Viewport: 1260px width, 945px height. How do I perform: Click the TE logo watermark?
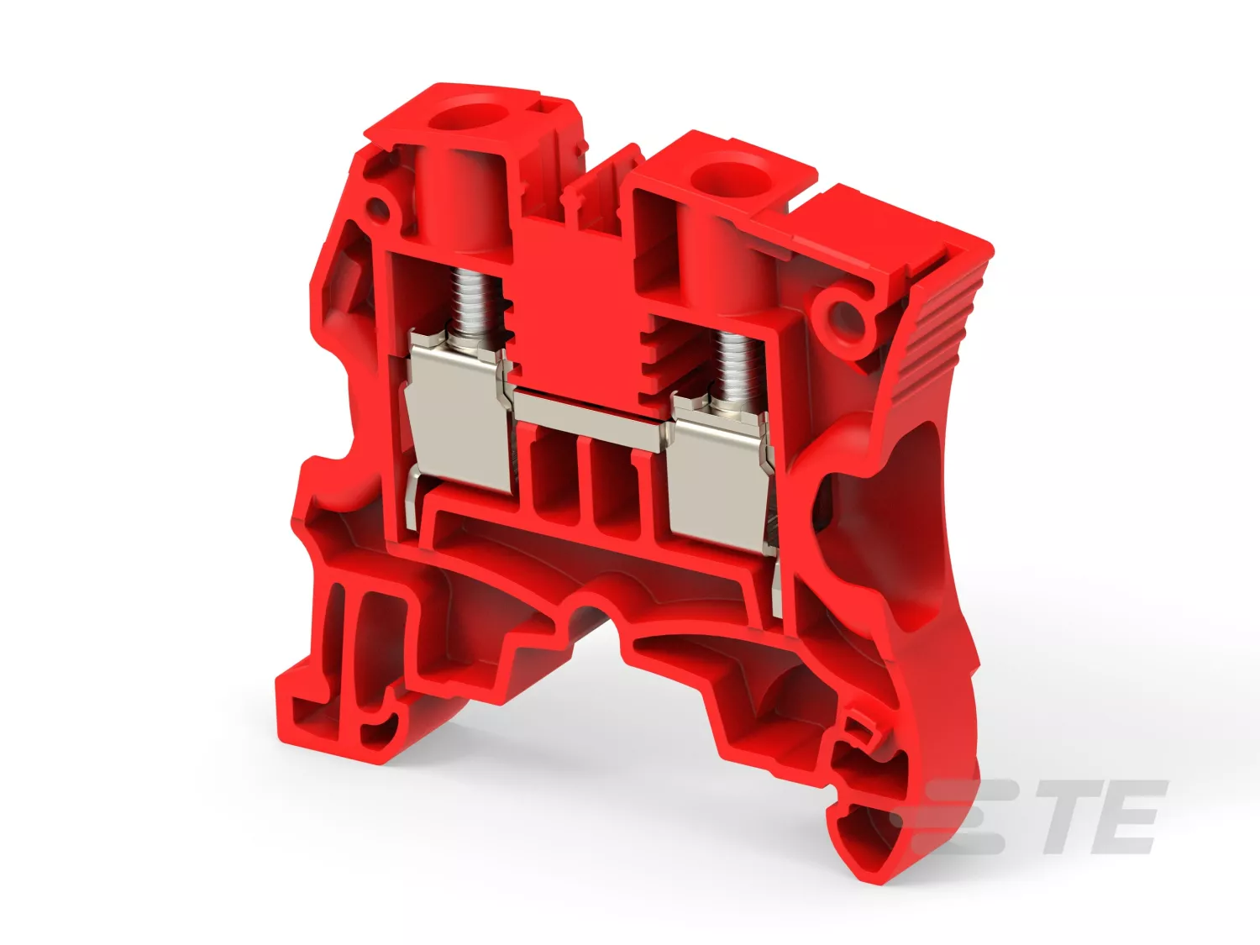1038,816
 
